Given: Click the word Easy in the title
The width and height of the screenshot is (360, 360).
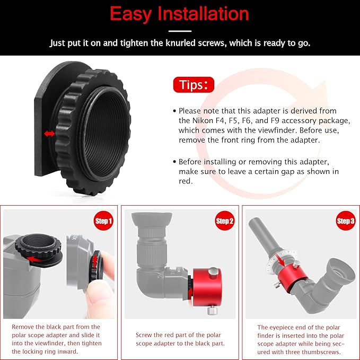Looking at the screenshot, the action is point(130,14).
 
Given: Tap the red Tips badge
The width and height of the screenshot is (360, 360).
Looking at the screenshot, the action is point(194,85).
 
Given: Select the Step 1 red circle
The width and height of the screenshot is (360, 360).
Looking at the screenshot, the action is point(103,221).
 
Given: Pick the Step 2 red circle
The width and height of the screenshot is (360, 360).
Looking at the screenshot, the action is point(225,221).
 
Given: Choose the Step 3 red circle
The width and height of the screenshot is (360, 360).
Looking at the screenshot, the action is point(346,221).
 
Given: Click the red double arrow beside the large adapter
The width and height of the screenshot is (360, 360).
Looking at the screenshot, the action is point(49,134).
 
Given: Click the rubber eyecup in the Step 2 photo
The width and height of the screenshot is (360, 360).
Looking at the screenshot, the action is point(152,220).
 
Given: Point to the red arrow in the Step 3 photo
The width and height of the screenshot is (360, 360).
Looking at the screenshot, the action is point(280,260).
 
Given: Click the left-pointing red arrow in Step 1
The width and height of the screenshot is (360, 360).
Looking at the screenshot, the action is point(34,259).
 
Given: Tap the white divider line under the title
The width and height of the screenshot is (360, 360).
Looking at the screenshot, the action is point(180,31).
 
